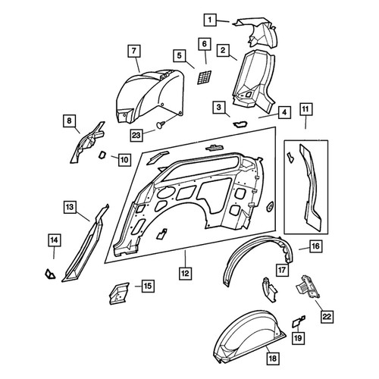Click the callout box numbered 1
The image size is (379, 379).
(210, 20)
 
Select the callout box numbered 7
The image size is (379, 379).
(134, 52)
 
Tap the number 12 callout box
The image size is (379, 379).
(185, 273)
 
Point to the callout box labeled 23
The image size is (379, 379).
(136, 135)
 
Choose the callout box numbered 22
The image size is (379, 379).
(327, 317)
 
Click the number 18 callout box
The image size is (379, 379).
(273, 359)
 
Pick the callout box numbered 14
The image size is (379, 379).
(55, 240)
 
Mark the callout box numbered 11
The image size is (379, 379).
(305, 109)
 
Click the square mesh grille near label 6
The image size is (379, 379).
(204, 77)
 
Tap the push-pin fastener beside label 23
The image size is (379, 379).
(161, 124)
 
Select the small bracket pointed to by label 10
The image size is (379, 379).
(103, 155)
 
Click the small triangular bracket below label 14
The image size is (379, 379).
(50, 274)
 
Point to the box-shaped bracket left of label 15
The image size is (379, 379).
(119, 293)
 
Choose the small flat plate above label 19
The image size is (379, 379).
(299, 321)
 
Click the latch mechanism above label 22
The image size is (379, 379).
(308, 287)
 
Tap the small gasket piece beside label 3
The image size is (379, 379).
(240, 124)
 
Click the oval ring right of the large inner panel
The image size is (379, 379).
(270, 206)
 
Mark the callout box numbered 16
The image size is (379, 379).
(316, 246)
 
